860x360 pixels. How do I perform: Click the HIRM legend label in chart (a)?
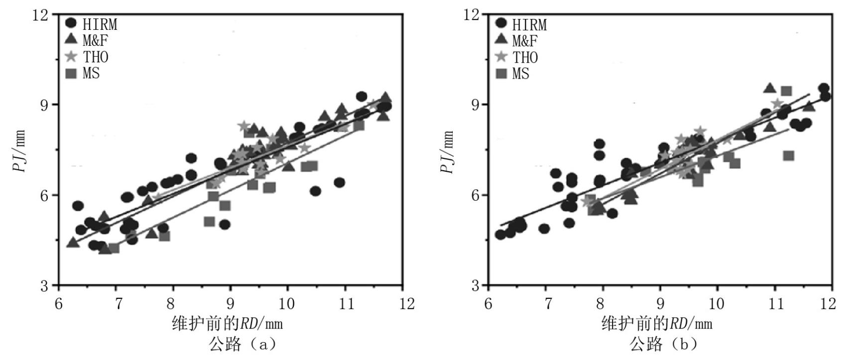pos(100,24)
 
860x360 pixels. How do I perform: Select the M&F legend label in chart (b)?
pos(525,41)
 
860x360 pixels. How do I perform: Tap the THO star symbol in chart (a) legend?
pos(71,57)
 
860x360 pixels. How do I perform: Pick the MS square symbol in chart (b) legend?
pos(501,74)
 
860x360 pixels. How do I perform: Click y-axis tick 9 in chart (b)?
pos(478,105)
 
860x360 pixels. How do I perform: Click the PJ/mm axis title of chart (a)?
pos(19,151)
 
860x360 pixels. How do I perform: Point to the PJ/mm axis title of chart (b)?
pos(448,152)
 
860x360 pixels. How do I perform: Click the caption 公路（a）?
pos(243,344)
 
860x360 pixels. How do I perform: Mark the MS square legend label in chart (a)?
pos(91,73)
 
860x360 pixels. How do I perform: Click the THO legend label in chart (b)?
pos(525,58)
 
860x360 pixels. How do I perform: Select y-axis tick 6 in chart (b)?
pos(478,195)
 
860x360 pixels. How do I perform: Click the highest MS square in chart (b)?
pos(786,91)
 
